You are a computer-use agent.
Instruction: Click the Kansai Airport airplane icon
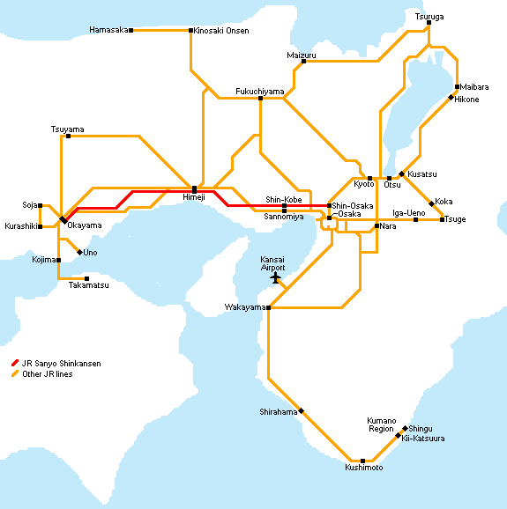tap(276, 278)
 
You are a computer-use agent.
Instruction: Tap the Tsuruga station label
tap(429, 17)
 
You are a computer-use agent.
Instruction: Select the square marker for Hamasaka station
tap(131, 30)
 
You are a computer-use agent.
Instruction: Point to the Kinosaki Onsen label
tap(221, 31)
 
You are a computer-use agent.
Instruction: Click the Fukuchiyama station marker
tap(260, 98)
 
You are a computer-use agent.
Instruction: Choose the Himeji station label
tap(194, 197)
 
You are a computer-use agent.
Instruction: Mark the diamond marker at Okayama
tap(63, 220)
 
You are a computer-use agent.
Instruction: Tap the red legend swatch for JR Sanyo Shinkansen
tap(15, 363)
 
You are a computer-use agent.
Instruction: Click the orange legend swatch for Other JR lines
tap(15, 373)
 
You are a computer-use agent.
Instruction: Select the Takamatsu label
tap(89, 285)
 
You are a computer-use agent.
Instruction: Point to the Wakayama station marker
tap(268, 307)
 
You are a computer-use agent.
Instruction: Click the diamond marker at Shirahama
tap(302, 411)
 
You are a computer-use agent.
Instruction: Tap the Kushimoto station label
tap(364, 468)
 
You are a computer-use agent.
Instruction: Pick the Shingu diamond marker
tap(405, 429)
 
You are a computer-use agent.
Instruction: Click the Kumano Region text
tap(382, 424)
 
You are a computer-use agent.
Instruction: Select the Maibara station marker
tap(457, 86)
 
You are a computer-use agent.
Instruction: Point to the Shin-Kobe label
tap(284, 199)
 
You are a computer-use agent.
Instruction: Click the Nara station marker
tap(377, 225)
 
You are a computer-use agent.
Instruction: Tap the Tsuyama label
tap(68, 129)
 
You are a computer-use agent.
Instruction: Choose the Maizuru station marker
tap(303, 61)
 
